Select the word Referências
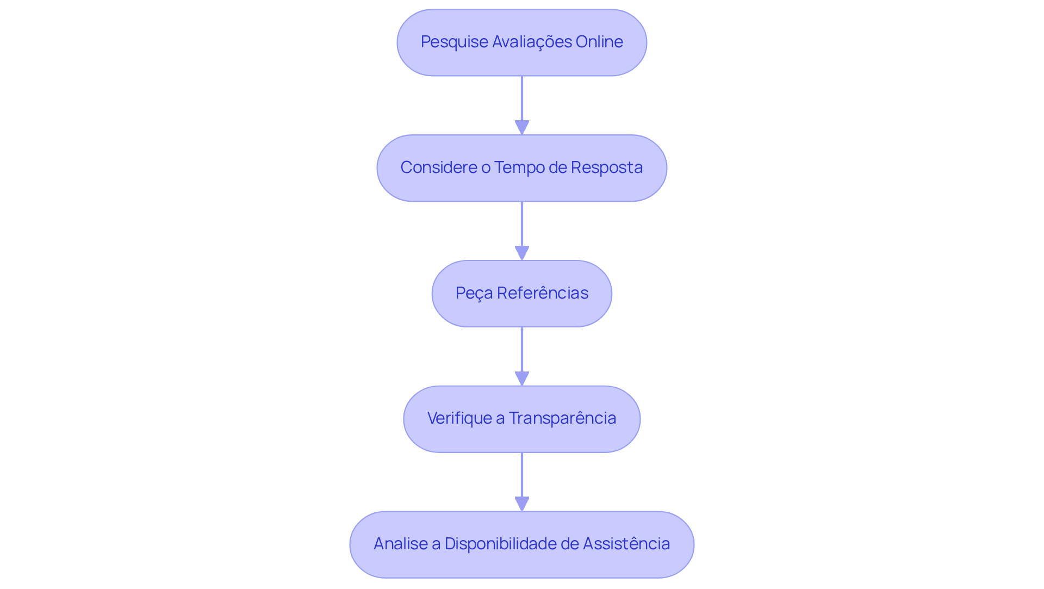(x=543, y=293)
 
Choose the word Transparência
(x=562, y=418)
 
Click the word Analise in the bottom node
(x=400, y=544)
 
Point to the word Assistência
(x=626, y=544)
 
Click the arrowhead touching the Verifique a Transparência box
(x=522, y=379)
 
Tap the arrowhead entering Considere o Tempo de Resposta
(x=522, y=128)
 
